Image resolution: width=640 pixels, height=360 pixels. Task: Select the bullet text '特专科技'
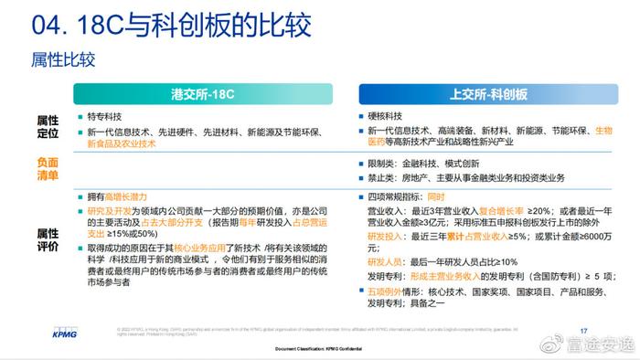point(104,118)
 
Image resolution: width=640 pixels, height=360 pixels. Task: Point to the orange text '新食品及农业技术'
point(123,144)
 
